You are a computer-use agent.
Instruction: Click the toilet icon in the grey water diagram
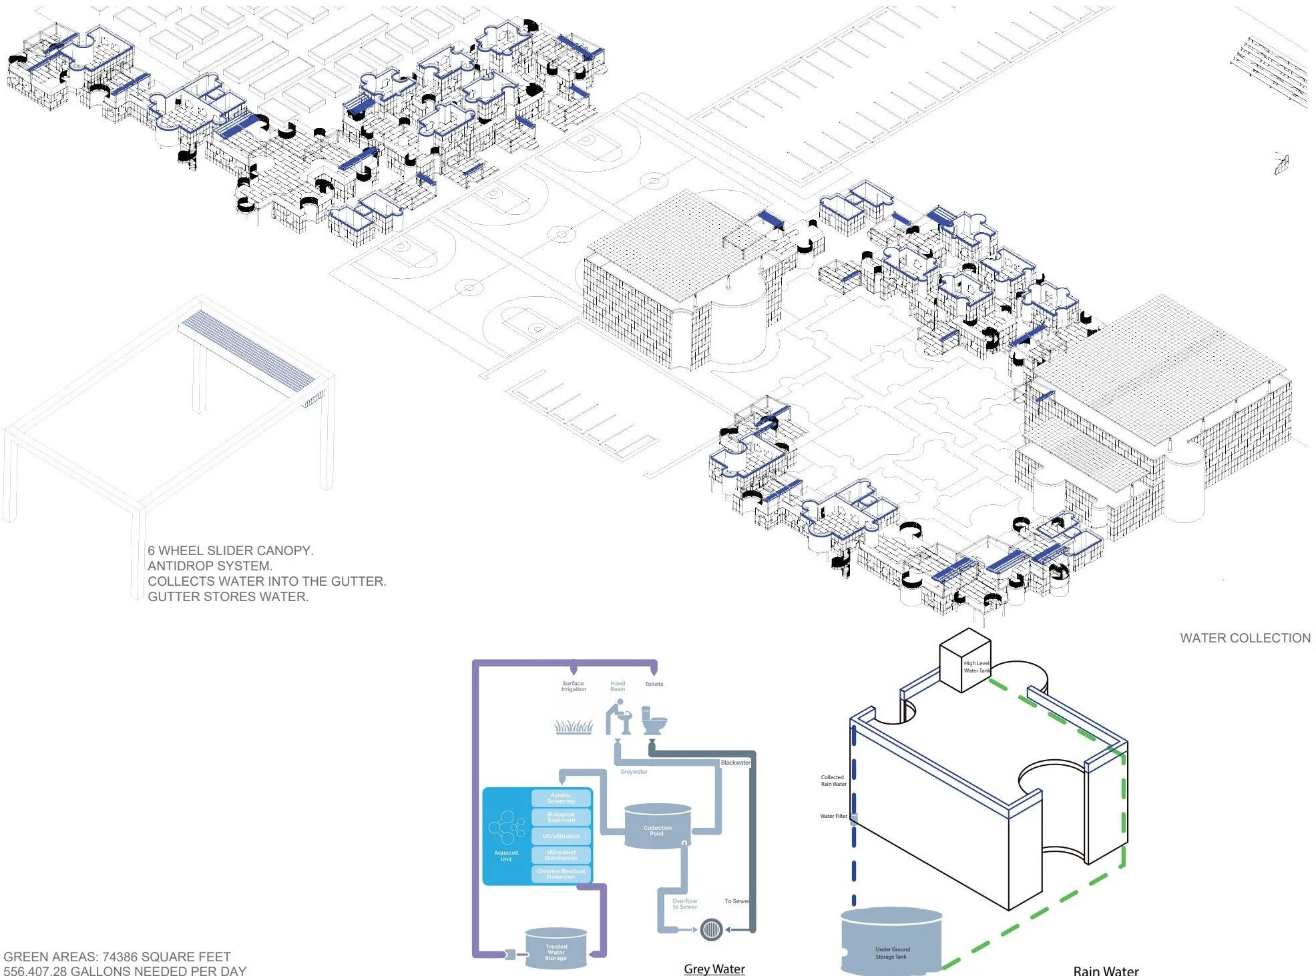click(x=654, y=720)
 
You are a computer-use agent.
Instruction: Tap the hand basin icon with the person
click(x=618, y=716)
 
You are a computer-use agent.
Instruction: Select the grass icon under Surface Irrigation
click(x=574, y=726)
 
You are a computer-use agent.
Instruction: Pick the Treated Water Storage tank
click(x=556, y=947)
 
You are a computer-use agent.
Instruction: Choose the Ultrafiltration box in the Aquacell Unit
click(x=561, y=836)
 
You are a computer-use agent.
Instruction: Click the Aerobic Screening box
click(x=561, y=798)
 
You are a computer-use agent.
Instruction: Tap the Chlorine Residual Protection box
click(x=561, y=874)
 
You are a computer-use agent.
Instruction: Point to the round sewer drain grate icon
click(x=711, y=929)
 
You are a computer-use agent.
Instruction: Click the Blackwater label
click(x=735, y=763)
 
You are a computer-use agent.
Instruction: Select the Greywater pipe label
click(x=634, y=772)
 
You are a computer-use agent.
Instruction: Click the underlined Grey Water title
click(x=714, y=969)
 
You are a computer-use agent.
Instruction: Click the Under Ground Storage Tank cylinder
click(x=891, y=941)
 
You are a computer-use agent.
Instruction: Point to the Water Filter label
click(x=833, y=816)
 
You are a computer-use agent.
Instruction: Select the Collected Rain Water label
click(x=833, y=781)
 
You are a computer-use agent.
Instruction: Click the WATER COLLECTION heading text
click(x=1245, y=638)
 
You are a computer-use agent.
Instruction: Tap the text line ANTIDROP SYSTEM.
click(x=210, y=566)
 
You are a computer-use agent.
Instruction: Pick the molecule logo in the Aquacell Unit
click(x=506, y=828)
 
